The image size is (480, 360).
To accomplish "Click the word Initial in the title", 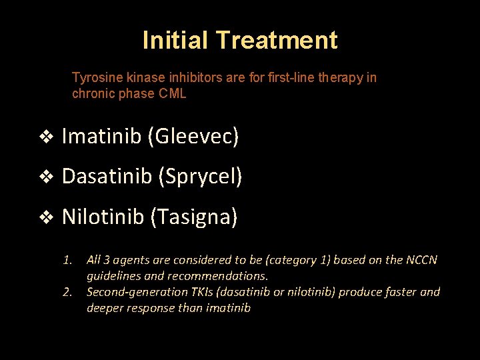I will click(176, 40).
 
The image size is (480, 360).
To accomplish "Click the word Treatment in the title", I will click(277, 40).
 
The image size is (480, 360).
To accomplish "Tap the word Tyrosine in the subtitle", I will click(94, 77).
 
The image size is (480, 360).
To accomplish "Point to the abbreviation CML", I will click(173, 93).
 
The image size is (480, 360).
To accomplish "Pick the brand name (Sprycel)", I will click(200, 177).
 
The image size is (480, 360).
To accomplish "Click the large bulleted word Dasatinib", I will click(107, 177).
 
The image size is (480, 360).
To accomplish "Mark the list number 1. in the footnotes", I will click(67, 260).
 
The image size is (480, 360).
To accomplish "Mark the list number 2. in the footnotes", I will click(67, 292).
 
